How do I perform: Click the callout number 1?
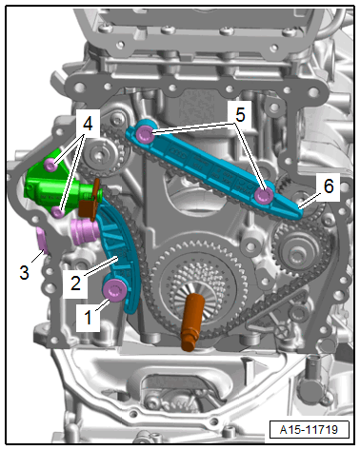tap(89, 318)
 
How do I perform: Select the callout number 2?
tap(75, 284)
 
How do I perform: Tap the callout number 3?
tap(24, 272)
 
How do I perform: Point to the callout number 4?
tap(88, 124)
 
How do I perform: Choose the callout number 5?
tap(240, 114)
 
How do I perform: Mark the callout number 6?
tap(329, 186)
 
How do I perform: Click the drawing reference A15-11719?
tap(309, 429)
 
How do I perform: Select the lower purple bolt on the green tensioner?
tap(58, 212)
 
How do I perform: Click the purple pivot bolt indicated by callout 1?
tap(114, 290)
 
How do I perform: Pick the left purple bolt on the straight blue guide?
tap(145, 134)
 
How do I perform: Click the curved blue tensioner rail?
tap(122, 250)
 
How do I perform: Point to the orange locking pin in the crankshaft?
tap(190, 322)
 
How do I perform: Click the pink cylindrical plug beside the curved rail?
tap(85, 233)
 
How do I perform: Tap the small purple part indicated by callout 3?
tap(42, 241)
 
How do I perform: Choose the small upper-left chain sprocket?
tap(102, 155)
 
